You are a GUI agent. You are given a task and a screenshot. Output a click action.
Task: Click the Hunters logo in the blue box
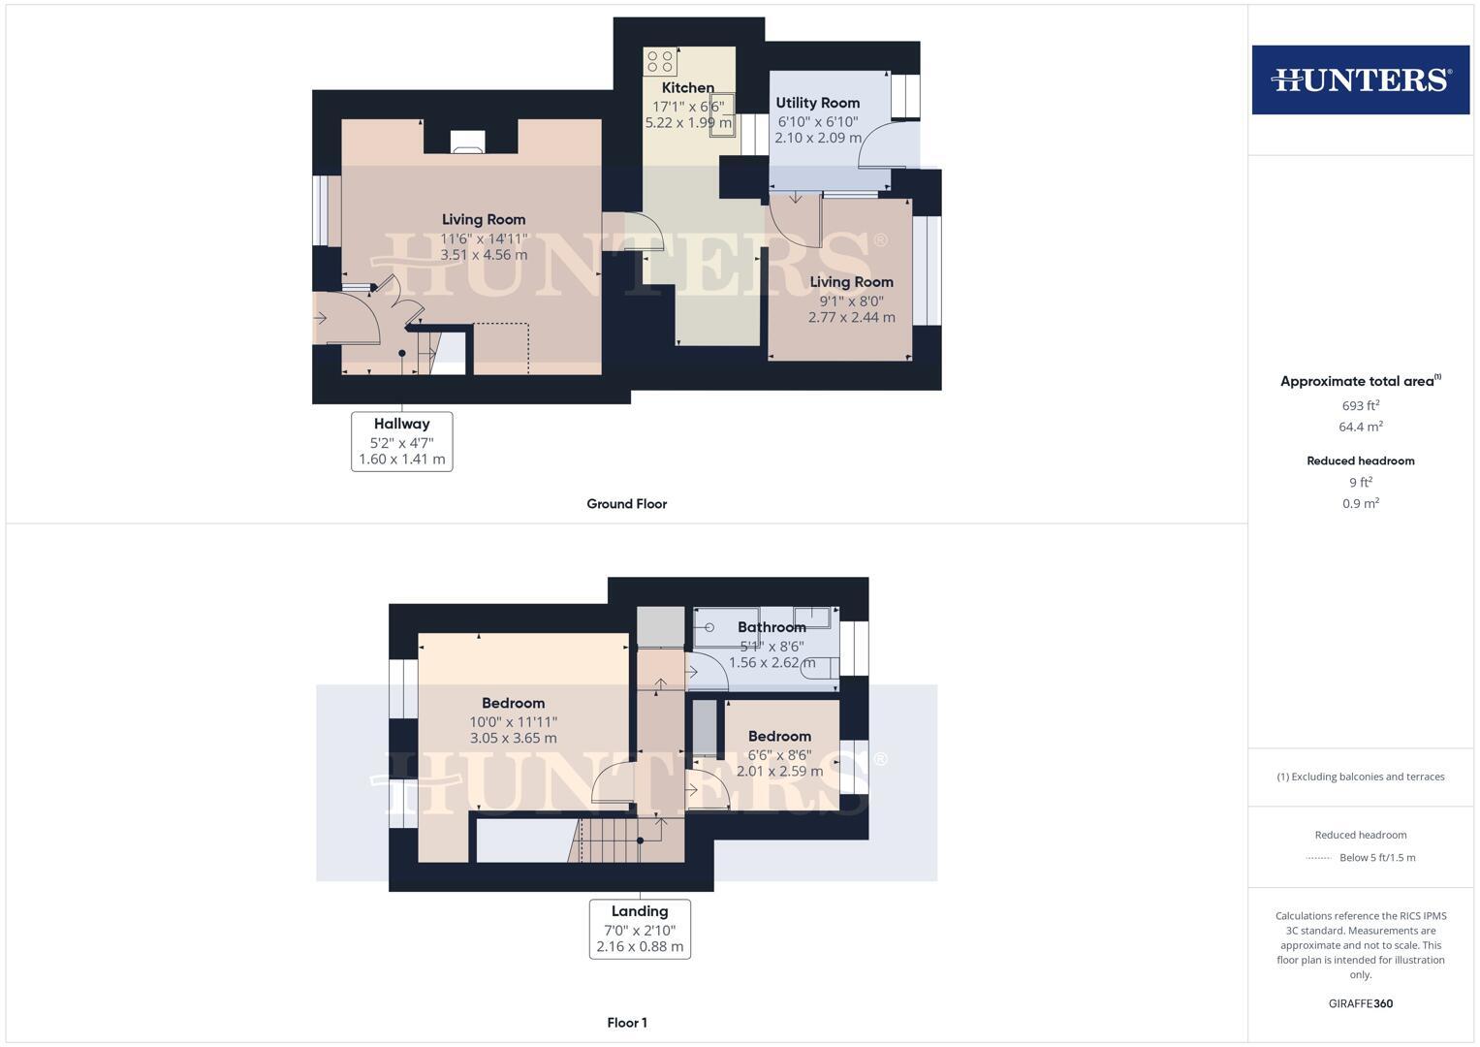(x=1360, y=79)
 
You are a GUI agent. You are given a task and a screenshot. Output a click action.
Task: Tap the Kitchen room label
(x=687, y=87)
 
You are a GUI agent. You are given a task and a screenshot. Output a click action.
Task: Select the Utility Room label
(x=817, y=103)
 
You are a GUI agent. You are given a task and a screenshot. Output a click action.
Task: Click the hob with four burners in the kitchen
(x=660, y=62)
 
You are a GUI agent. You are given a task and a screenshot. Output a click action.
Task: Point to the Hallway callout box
(x=401, y=441)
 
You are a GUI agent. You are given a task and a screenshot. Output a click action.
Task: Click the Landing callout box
(x=640, y=929)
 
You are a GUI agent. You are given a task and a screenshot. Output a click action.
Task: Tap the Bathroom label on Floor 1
(x=771, y=627)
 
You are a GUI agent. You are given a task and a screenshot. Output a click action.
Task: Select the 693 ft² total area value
(x=1360, y=406)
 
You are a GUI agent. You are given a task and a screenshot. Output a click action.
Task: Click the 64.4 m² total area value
(x=1360, y=427)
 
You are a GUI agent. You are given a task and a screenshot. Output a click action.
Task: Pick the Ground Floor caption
(x=626, y=504)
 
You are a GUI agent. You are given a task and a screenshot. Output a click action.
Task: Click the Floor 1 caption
(x=626, y=1023)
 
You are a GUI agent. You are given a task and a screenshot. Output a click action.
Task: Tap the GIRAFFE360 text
(x=1360, y=1004)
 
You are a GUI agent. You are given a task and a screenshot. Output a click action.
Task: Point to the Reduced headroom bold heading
(x=1360, y=461)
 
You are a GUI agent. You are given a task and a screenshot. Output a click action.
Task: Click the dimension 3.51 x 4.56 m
(x=484, y=255)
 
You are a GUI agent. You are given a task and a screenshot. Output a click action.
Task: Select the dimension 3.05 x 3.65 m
(x=513, y=739)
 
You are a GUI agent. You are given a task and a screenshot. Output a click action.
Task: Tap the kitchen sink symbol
(x=722, y=112)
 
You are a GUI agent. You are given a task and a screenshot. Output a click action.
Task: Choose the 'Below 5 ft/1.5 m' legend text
(x=1376, y=858)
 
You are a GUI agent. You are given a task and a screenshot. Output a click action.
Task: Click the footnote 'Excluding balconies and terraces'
(x=1360, y=777)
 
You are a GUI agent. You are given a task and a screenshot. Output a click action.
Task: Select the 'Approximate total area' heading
(x=1357, y=382)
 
